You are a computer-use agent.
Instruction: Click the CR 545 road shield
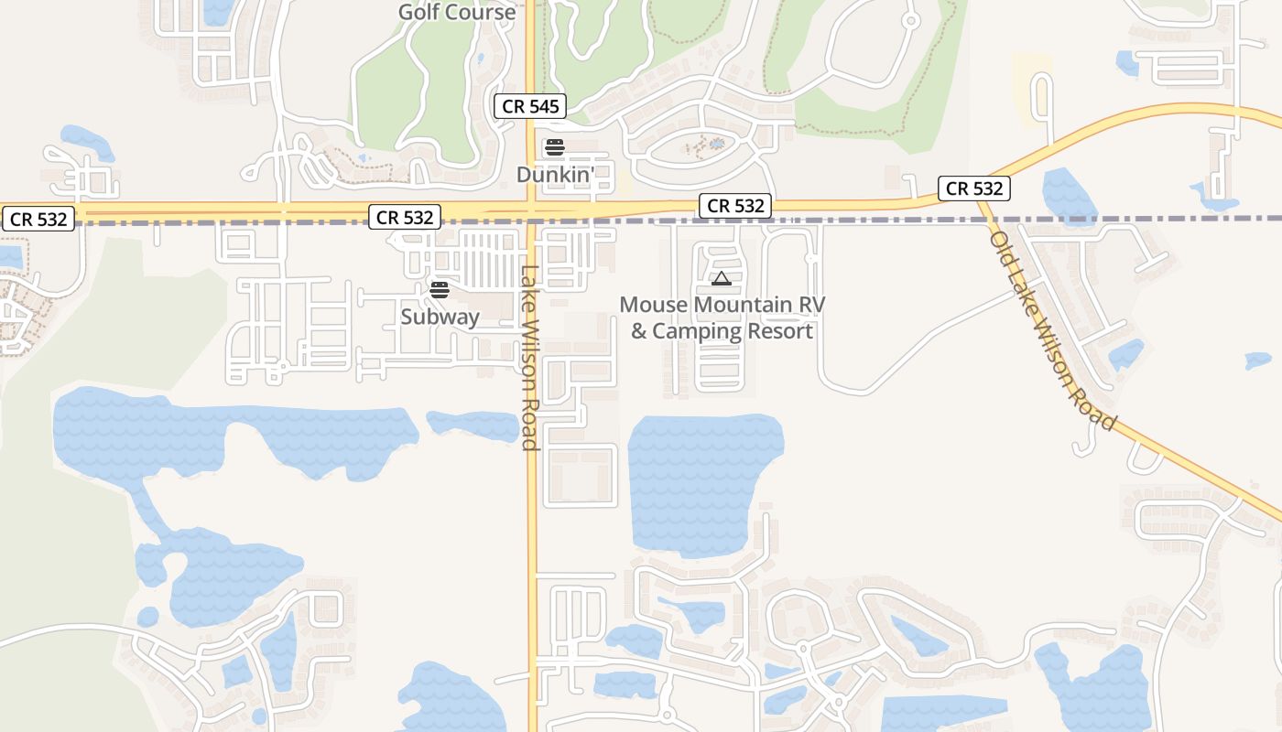pos(530,106)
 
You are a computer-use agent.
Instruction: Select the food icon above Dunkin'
pos(554,147)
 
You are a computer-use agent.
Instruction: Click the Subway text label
pos(440,317)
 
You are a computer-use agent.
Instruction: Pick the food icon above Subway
pos(440,290)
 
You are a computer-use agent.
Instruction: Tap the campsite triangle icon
pos(722,278)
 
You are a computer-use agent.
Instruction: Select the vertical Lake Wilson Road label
pos(529,357)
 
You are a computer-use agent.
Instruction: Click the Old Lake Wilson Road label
pos(1052,329)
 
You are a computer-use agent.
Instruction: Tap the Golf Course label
pos(456,12)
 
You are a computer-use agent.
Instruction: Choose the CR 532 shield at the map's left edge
pos(38,220)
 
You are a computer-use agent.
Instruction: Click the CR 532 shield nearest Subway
pos(405,217)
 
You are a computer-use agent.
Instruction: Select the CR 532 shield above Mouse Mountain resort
pos(735,206)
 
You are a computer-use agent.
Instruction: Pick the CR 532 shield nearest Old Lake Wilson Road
pos(974,188)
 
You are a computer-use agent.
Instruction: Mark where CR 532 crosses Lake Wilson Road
pos(531,211)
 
